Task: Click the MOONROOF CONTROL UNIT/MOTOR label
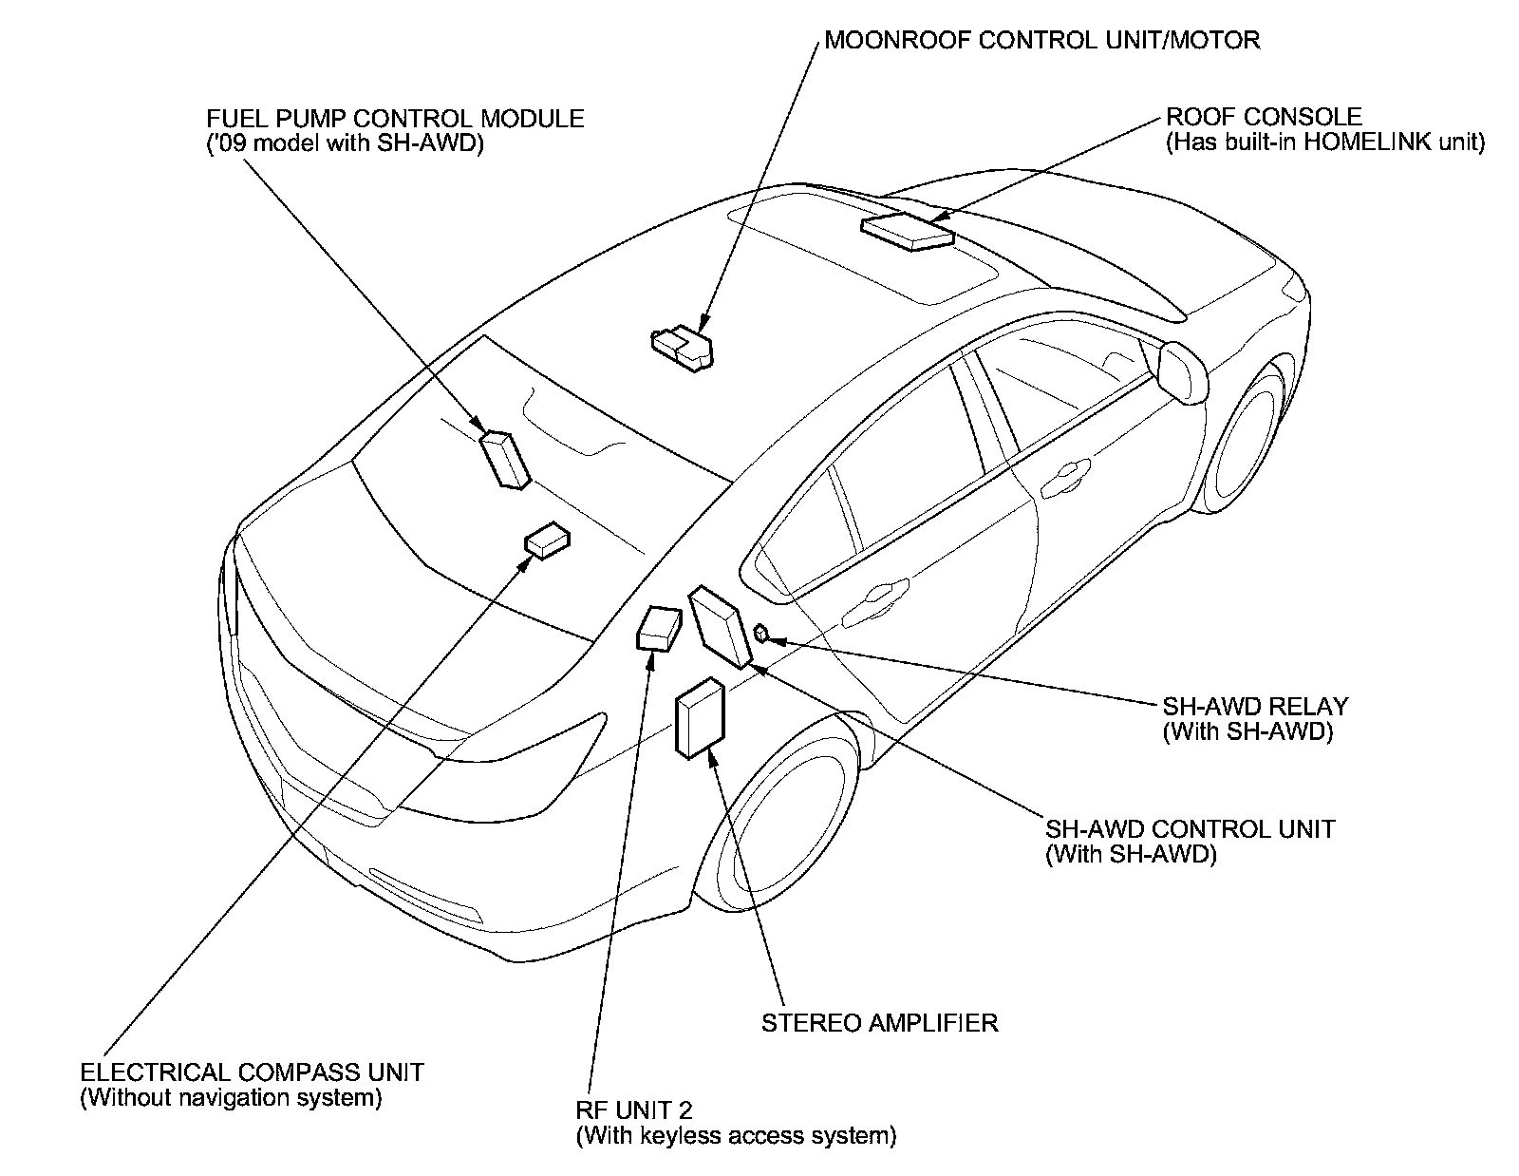click(1041, 40)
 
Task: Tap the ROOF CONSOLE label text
click(1264, 117)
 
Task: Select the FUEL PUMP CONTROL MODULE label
click(395, 119)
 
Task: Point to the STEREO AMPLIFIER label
click(879, 1023)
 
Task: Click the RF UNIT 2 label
click(633, 1110)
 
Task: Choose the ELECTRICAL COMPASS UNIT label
click(252, 1072)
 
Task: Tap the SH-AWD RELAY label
click(1254, 707)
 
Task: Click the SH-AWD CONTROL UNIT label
click(1190, 828)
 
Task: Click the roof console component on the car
click(907, 231)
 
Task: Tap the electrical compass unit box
click(548, 540)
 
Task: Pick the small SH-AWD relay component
click(761, 632)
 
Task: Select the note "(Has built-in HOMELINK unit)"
click(1324, 142)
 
